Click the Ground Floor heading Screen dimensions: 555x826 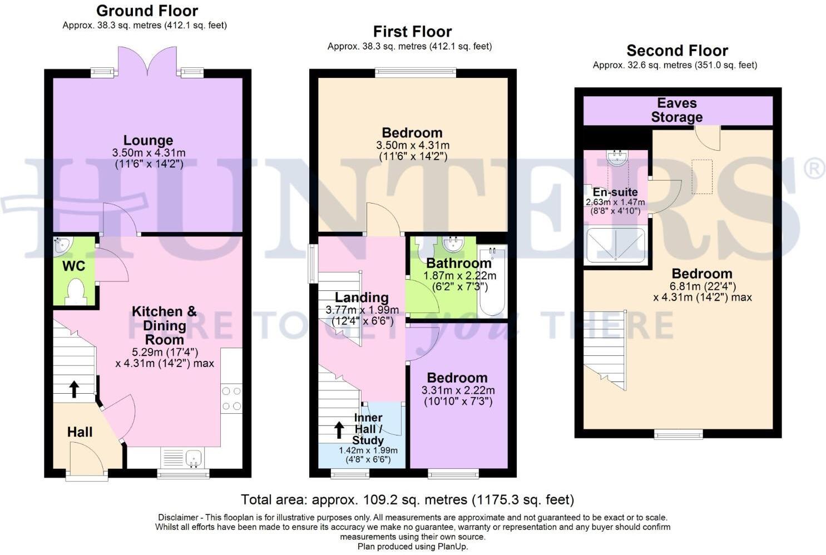coord(147,11)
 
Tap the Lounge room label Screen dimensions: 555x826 coord(148,140)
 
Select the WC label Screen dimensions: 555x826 coord(73,266)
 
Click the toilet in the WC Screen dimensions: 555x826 coord(75,293)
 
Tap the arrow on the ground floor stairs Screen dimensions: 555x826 coord(73,389)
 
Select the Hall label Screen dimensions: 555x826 coord(80,432)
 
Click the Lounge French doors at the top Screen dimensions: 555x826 coord(147,61)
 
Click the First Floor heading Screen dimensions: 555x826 coord(412,32)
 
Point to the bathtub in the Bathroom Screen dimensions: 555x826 coord(492,281)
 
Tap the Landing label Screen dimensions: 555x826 coord(362,298)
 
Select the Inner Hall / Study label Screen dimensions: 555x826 coord(368,429)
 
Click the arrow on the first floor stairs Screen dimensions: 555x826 coord(338,429)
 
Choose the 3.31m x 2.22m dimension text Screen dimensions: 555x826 coord(458,390)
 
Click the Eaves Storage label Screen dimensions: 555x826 coord(677,110)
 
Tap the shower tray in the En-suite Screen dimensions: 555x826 coord(616,245)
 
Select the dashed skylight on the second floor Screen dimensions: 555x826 coord(702,176)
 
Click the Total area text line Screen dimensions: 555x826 coord(407,499)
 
